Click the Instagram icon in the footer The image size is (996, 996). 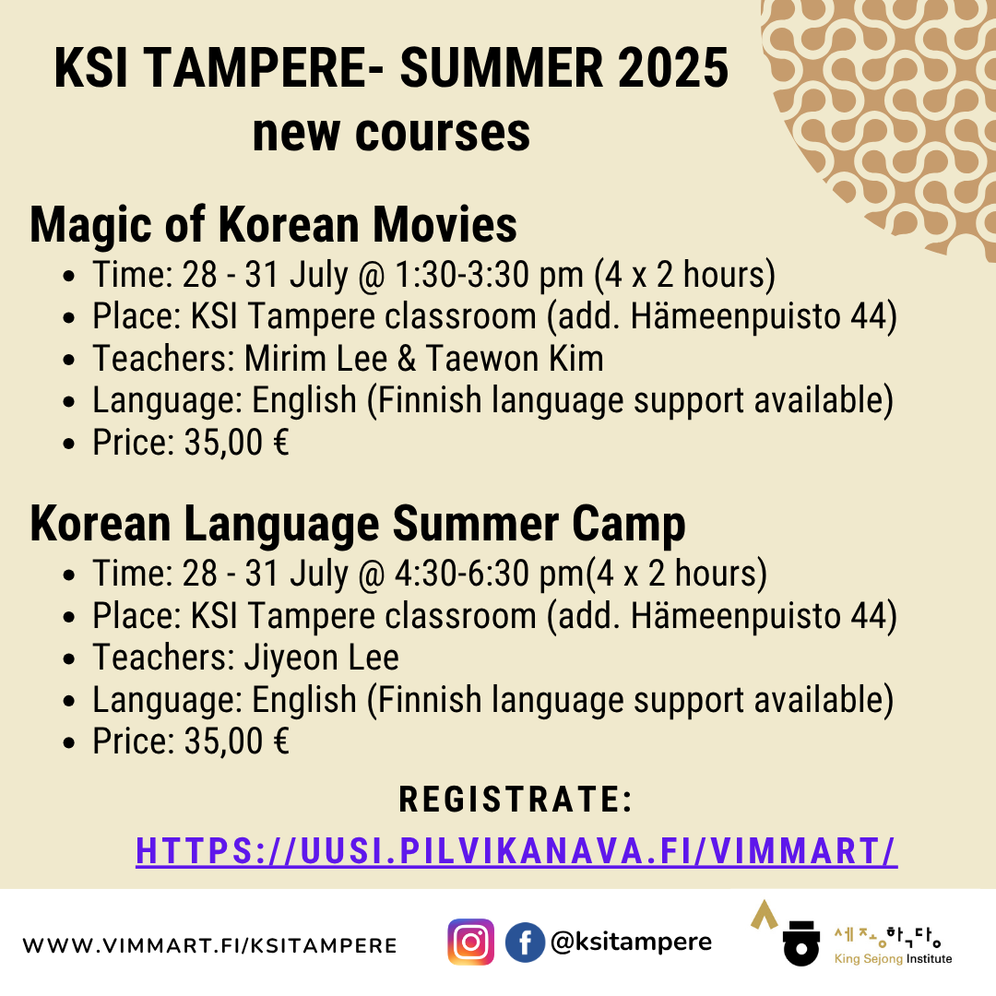(470, 942)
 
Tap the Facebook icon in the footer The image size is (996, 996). (525, 942)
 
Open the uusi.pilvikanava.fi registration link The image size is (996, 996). (516, 851)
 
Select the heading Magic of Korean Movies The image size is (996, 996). (273, 226)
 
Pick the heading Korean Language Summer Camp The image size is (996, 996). (358, 526)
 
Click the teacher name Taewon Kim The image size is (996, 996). (515, 358)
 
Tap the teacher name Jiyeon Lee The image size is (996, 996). (322, 658)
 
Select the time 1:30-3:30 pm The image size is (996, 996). (489, 275)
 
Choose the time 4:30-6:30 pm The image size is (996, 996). (489, 574)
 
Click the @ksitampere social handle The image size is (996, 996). (631, 942)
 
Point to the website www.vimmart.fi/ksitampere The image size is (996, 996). (209, 945)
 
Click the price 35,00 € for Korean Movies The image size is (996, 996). (236, 443)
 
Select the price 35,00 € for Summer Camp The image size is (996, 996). (236, 741)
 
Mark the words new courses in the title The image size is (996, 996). (391, 134)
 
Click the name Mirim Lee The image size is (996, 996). (315, 358)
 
